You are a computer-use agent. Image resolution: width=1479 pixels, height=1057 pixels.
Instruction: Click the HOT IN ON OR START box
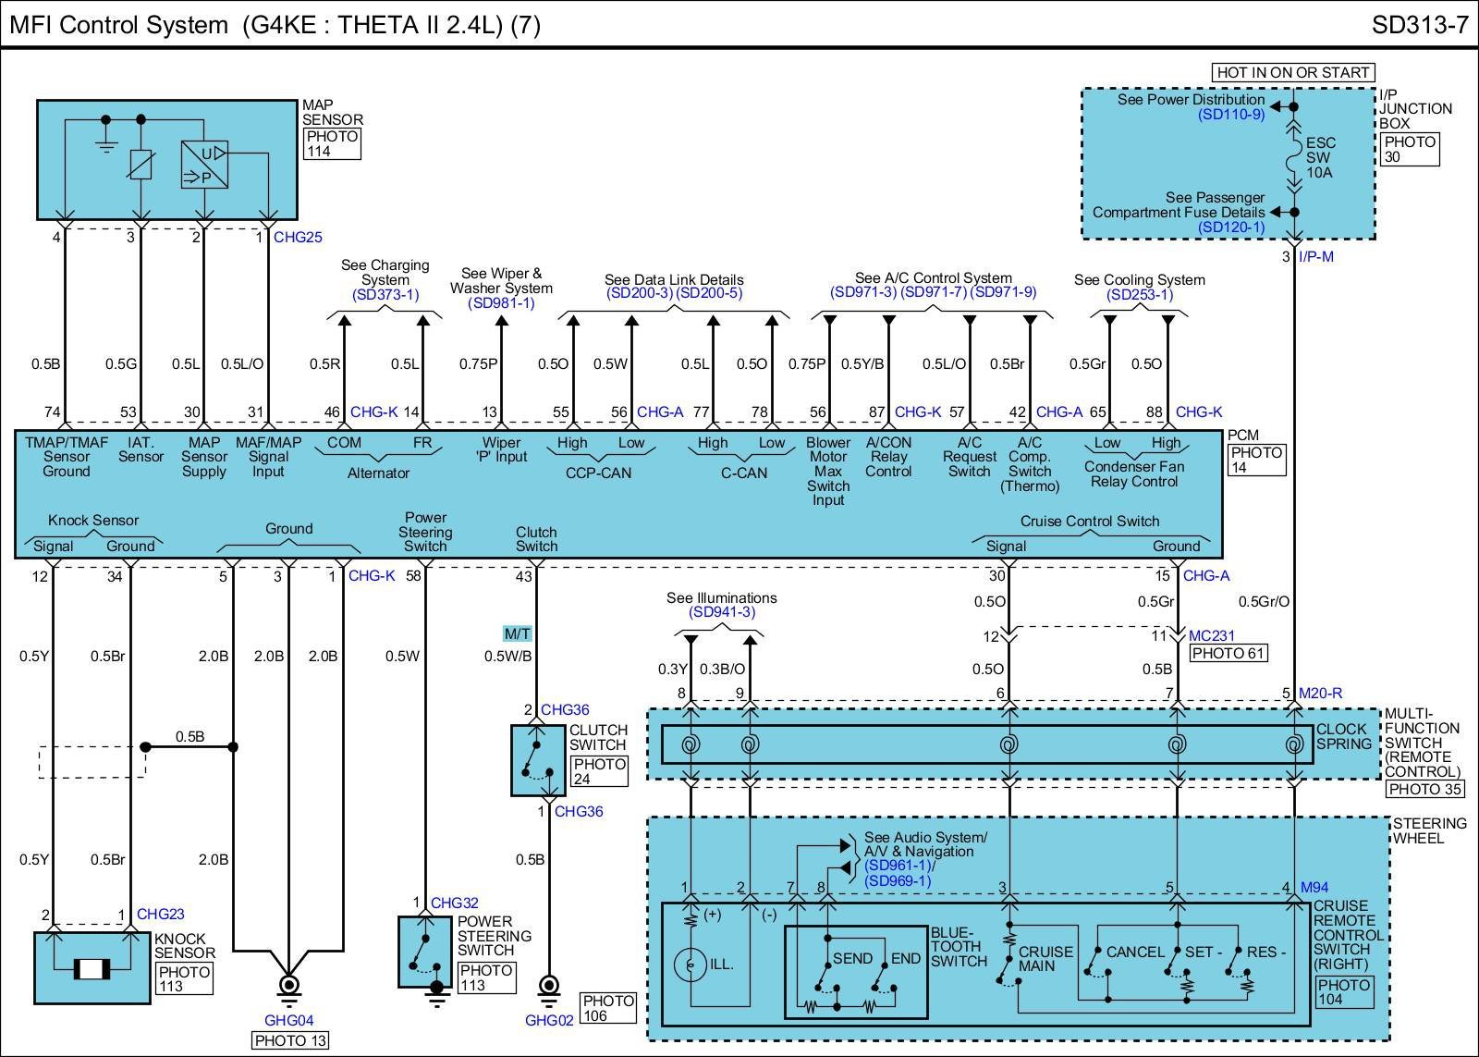pyautogui.click(x=1292, y=72)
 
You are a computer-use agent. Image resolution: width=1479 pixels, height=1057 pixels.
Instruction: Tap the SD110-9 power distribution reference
pyautogui.click(x=1231, y=115)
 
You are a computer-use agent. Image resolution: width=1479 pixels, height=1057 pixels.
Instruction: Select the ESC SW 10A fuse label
pyautogui.click(x=1320, y=157)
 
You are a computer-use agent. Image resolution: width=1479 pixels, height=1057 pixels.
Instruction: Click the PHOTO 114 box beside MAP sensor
pyautogui.click(x=332, y=143)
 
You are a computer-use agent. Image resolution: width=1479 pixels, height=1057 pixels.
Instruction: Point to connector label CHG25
pyautogui.click(x=298, y=238)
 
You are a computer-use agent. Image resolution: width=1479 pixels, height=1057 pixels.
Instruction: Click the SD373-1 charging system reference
pyautogui.click(x=385, y=295)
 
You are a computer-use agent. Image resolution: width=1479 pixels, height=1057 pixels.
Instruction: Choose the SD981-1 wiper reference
pyautogui.click(x=501, y=303)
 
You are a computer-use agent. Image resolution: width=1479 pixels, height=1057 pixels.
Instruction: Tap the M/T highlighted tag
pyautogui.click(x=517, y=633)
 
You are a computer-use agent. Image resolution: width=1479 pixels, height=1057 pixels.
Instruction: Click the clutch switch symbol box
pyautogui.click(x=538, y=760)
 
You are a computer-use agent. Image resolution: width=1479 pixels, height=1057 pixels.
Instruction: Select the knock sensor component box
pyautogui.click(x=92, y=967)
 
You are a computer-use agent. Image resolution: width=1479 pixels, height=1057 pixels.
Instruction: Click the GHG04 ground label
pyautogui.click(x=289, y=1021)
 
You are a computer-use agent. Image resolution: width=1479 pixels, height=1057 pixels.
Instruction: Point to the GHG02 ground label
pyautogui.click(x=549, y=1020)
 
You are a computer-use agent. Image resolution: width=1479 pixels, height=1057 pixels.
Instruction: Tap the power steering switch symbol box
pyautogui.click(x=425, y=952)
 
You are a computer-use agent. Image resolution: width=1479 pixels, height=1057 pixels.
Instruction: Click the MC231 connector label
pyautogui.click(x=1212, y=636)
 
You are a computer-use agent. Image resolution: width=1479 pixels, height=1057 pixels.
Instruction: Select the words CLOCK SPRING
pyautogui.click(x=1343, y=736)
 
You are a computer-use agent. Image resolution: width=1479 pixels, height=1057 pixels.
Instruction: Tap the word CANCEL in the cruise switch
pyautogui.click(x=1135, y=952)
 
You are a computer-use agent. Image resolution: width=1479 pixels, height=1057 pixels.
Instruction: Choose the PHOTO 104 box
pyautogui.click(x=1343, y=992)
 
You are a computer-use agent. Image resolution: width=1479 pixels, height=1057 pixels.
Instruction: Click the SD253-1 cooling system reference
pyautogui.click(x=1140, y=295)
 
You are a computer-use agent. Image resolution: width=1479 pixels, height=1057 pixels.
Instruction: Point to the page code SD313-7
pyautogui.click(x=1420, y=25)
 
